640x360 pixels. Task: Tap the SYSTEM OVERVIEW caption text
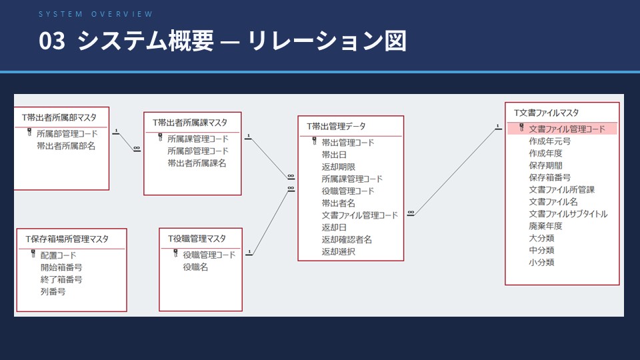[x=95, y=14]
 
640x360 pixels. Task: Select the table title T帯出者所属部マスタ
[x=59, y=117]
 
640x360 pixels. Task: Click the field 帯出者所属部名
[x=66, y=145]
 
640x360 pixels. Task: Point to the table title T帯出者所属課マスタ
[x=189, y=123]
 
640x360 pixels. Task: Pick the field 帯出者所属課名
[x=197, y=163]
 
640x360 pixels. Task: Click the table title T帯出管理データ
[x=336, y=126]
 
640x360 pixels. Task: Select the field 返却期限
[x=338, y=167]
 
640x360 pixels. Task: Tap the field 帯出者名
[x=338, y=203]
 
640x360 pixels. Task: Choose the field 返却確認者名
[x=347, y=239]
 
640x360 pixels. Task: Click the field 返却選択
[x=338, y=251]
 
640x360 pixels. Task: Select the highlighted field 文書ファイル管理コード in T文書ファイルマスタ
[x=567, y=129]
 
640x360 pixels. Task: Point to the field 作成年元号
[x=549, y=141]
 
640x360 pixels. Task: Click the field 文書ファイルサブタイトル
[x=568, y=214]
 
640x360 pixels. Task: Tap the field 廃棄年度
[x=545, y=226]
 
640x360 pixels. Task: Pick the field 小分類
[x=541, y=262]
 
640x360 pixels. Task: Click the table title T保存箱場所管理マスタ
[x=67, y=238]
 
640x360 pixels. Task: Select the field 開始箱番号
[x=61, y=267]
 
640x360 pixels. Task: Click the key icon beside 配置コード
[x=32, y=255]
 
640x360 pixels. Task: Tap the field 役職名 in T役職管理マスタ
[x=195, y=267]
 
